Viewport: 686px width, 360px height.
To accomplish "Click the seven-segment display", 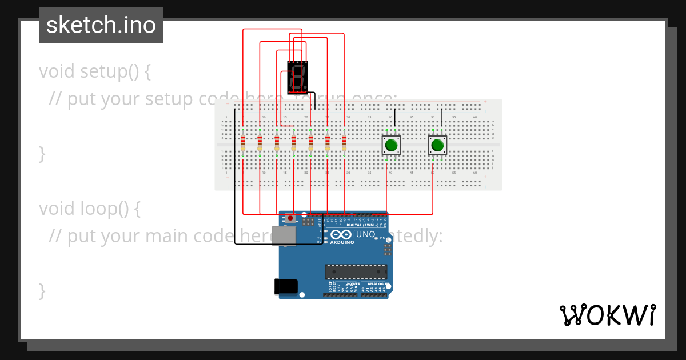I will pos(297,78).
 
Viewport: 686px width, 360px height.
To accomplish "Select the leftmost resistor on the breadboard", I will pos(243,143).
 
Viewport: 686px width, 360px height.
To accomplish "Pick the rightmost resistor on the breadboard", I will pos(344,143).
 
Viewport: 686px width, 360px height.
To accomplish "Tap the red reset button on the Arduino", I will pos(291,218).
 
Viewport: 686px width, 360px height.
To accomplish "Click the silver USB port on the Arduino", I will pos(284,235).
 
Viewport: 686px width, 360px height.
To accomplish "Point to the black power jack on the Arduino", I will pos(286,286).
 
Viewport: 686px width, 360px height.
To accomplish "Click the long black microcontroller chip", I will pos(356,271).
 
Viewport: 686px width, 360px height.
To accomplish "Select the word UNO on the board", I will pos(365,234).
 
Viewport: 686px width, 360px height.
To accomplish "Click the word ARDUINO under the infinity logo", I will pos(342,242).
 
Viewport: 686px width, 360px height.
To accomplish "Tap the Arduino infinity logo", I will pos(341,234).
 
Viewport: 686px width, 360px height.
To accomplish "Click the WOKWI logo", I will pos(607,315).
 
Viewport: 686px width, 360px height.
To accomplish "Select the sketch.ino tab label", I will pos(101,25).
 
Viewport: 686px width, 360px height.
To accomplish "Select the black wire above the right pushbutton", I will pos(441,119).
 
